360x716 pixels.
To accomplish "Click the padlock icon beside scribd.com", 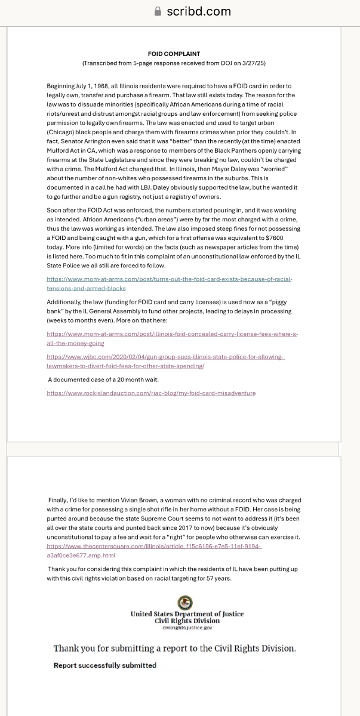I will point(158,11).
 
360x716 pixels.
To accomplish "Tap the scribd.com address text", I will point(198,11).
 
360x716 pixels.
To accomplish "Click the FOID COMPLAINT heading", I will point(174,54).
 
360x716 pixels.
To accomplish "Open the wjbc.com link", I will point(165,360).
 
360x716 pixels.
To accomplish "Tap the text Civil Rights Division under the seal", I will point(187,621).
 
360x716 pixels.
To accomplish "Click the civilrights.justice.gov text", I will point(187,628).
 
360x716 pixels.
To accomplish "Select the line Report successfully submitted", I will point(105,665).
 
